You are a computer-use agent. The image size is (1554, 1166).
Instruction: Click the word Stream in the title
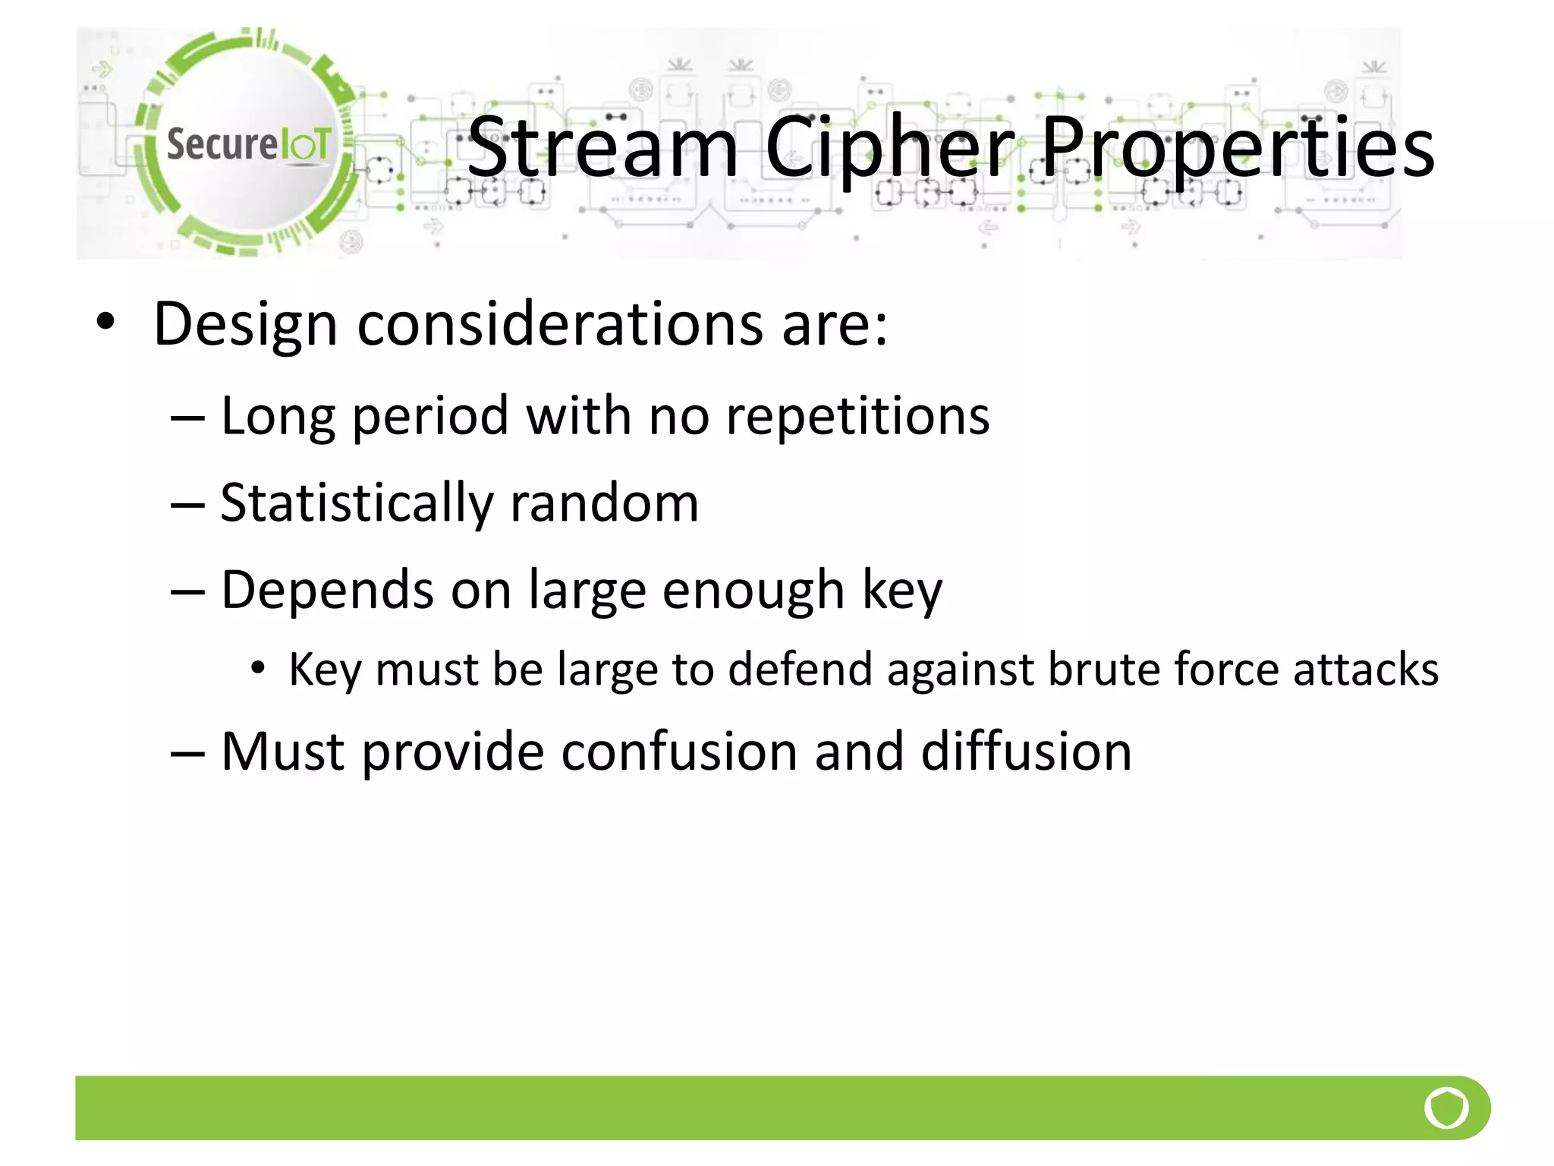603,148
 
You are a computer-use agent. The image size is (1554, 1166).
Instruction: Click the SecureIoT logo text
249,144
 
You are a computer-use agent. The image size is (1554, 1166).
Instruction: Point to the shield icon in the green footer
1446,1108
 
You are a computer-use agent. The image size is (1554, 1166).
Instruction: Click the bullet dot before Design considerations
105,322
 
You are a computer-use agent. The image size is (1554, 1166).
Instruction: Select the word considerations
560,324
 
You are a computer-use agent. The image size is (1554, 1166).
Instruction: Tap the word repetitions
857,417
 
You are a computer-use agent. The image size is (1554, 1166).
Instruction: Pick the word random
604,504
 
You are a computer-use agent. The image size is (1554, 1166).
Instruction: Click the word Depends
328,590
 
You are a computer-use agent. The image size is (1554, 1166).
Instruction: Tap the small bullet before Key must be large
259,668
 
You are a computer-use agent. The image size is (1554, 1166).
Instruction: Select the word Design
245,324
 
